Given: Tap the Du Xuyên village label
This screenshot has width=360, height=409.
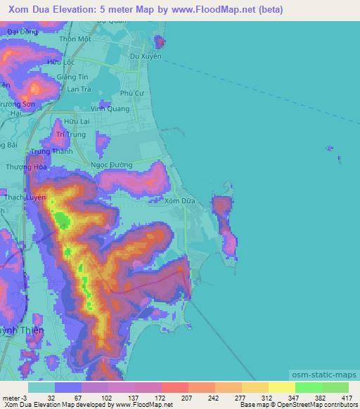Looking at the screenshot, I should (x=146, y=56).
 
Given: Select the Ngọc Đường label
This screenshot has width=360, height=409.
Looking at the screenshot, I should (x=112, y=164).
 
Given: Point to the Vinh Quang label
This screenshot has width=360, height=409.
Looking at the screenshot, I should (x=110, y=109).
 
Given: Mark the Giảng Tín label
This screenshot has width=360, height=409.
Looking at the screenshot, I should (x=74, y=78).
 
